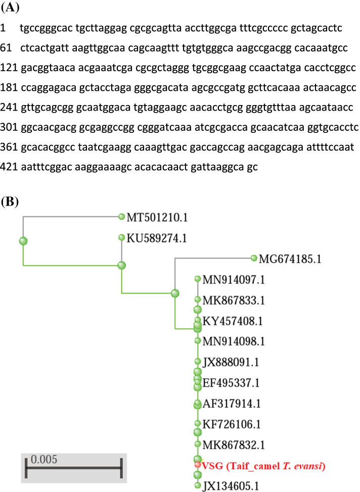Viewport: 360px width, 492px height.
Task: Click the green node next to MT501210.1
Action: (121, 217)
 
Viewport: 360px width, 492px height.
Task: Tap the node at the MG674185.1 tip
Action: (254, 258)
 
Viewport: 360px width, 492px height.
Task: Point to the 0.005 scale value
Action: (43, 460)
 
